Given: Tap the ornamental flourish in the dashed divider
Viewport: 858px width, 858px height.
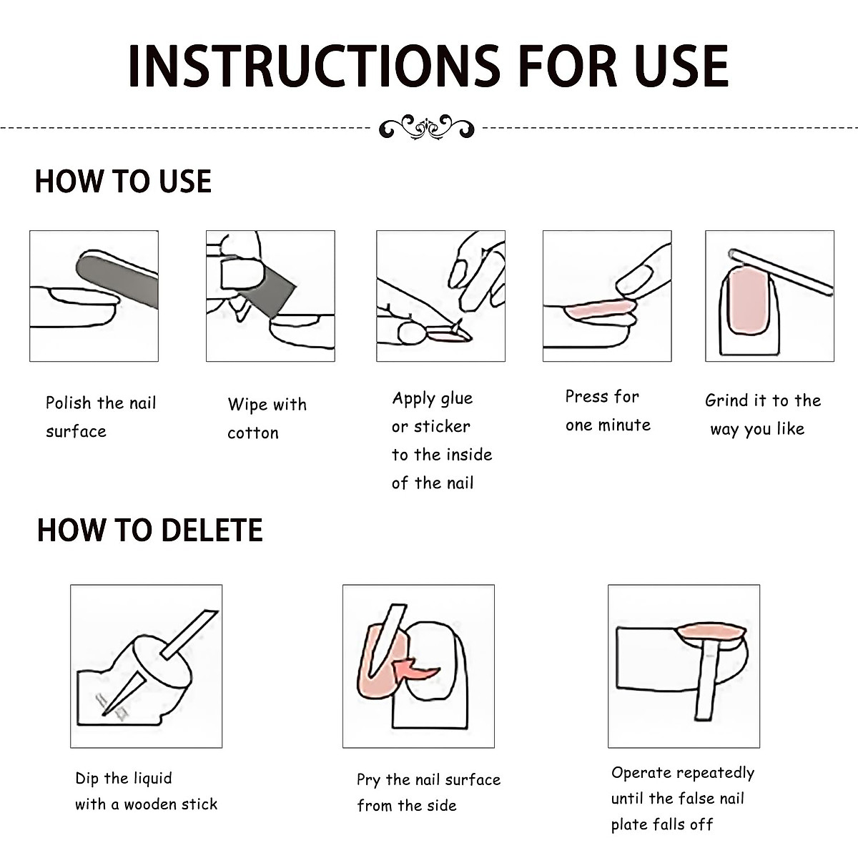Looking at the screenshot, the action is tap(427, 127).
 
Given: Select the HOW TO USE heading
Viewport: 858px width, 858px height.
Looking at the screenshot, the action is tap(123, 181).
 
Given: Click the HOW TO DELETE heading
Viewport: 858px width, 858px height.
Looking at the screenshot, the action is tap(149, 530).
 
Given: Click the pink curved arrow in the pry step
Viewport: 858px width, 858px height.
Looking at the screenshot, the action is tap(416, 670).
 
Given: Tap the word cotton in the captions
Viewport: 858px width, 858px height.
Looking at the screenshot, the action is tap(253, 433).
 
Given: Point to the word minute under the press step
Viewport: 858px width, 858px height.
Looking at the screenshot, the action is tap(623, 425).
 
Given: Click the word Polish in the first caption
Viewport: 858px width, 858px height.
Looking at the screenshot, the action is tap(68, 403).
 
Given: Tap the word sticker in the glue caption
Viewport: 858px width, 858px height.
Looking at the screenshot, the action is tap(442, 427).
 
